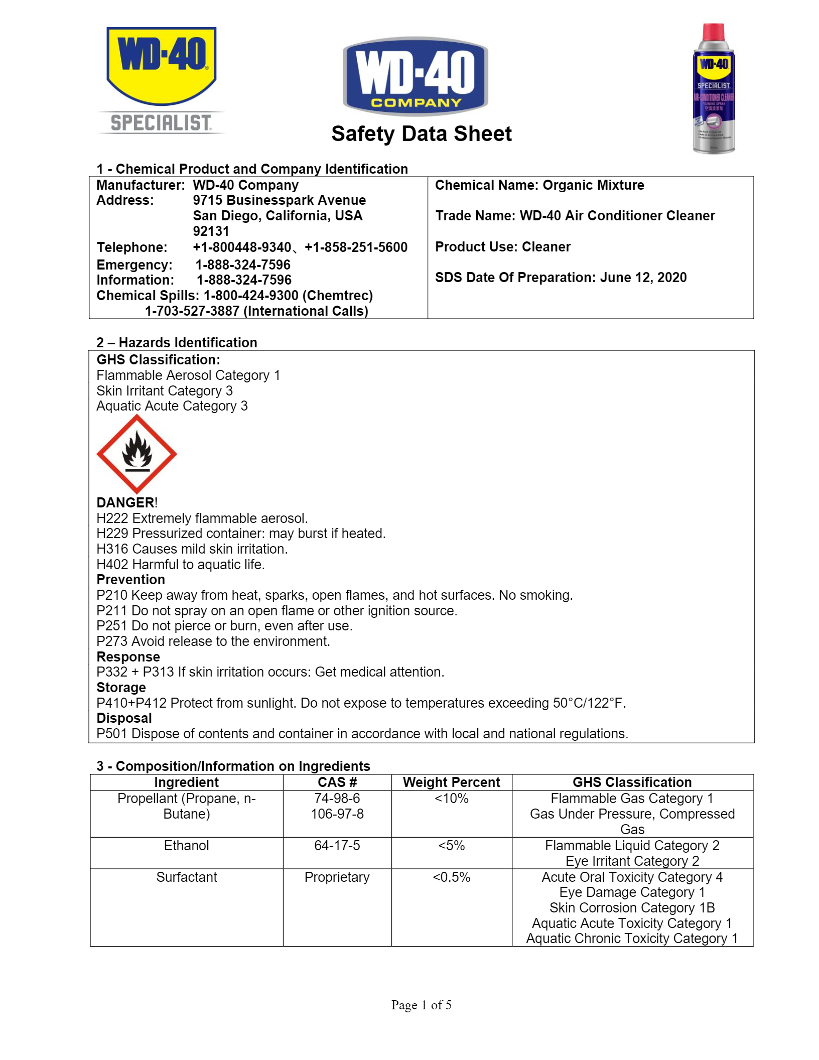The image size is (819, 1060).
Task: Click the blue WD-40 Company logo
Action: (415, 76)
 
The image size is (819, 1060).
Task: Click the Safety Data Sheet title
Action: (421, 134)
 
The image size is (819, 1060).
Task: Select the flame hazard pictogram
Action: (136, 454)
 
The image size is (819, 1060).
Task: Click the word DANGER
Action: (125, 502)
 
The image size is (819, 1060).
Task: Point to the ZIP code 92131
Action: (211, 231)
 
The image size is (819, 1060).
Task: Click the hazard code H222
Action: (112, 518)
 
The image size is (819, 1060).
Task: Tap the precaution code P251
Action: (112, 626)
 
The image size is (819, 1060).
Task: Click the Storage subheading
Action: (121, 688)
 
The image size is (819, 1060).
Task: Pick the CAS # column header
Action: (337, 782)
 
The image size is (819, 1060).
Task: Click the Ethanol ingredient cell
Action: (186, 846)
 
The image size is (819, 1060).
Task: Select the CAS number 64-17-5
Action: (337, 846)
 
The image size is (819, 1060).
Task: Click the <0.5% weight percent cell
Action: (451, 877)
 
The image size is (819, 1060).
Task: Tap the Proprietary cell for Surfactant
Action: (337, 877)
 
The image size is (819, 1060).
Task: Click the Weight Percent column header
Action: (451, 782)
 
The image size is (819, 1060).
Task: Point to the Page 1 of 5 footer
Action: (421, 1005)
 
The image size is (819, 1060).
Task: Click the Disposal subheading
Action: (124, 718)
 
